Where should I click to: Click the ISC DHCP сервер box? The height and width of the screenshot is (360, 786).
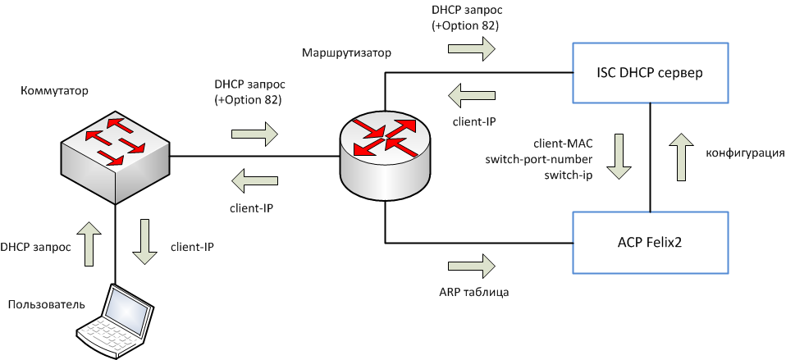[650, 72]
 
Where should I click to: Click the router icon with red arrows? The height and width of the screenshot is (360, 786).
[384, 148]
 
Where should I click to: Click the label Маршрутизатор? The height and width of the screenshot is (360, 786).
[346, 52]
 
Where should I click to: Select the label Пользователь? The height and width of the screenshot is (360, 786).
[46, 305]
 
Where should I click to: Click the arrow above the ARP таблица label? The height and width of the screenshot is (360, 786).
[473, 265]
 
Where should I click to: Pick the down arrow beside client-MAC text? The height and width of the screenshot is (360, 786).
[619, 158]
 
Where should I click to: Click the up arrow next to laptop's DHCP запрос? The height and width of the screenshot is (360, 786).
[94, 242]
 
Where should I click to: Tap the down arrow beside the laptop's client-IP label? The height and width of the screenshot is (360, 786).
[145, 242]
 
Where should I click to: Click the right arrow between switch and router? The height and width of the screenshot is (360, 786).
[255, 132]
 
